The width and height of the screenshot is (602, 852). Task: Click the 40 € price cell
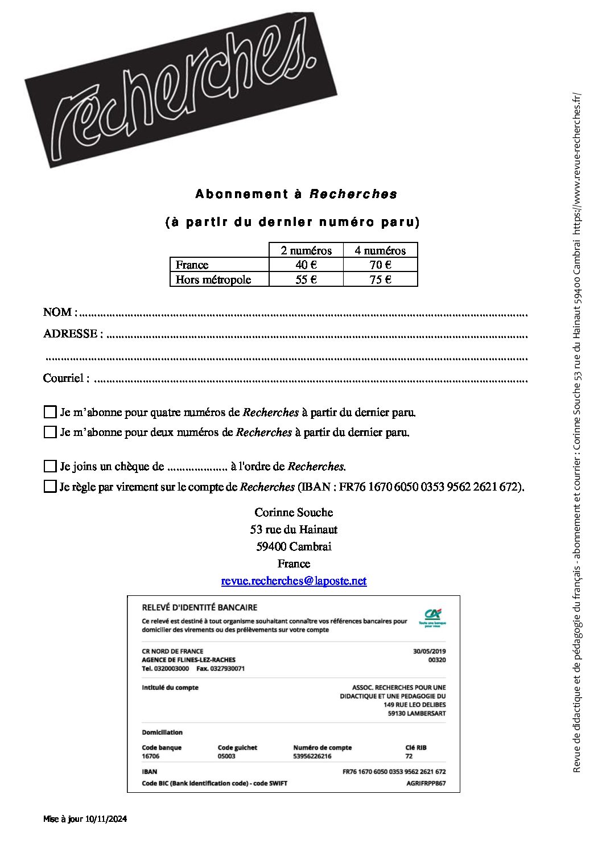[306, 265]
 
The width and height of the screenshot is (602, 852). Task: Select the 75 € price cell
[380, 279]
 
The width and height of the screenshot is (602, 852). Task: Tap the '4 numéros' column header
[380, 250]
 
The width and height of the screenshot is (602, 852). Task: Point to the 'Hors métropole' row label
[213, 279]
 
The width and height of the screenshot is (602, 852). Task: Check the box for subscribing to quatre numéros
[50, 412]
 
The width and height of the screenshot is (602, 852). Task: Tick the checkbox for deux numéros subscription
[50, 432]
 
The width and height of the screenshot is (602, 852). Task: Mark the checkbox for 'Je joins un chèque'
[50, 466]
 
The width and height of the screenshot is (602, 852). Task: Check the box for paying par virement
[50, 487]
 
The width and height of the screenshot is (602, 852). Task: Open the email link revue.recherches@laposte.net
[294, 581]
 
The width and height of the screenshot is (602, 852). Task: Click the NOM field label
[57, 312]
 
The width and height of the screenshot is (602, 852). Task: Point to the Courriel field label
[65, 378]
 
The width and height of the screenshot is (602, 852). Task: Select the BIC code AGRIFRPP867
[426, 783]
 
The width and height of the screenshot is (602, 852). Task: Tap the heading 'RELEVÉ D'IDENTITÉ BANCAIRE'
[199, 608]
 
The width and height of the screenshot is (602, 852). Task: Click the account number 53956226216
[312, 756]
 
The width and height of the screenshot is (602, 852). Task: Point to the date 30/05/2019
[429, 651]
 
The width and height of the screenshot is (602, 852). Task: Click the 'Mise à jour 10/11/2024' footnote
[85, 820]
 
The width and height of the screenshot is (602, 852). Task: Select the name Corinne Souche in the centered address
[294, 513]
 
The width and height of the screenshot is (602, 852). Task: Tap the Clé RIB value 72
[409, 756]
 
